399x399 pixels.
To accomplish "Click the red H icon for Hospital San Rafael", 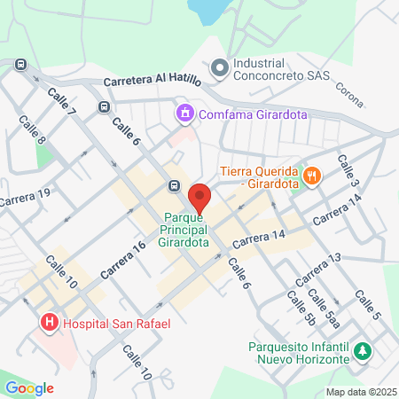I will (50, 324).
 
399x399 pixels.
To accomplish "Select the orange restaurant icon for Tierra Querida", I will (310, 176).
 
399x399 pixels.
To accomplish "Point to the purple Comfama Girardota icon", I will (184, 113).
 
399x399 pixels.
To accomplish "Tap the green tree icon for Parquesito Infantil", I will (361, 352).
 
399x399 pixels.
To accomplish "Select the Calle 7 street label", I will (62, 102).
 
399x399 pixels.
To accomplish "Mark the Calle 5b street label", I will (299, 307).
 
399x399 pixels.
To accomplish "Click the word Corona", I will (349, 95).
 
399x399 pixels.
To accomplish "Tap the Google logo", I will (29, 387).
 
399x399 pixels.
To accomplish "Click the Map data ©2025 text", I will (360, 392).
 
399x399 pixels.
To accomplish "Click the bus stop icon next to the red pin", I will (174, 186).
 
